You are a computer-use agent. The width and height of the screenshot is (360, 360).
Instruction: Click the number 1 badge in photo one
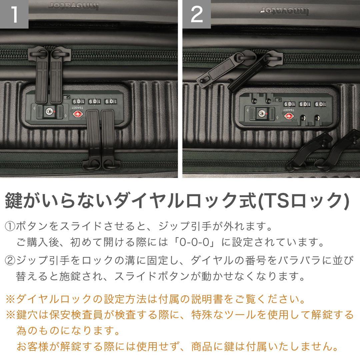(x=14, y=14)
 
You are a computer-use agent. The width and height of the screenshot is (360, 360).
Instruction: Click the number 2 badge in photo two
(x=197, y=14)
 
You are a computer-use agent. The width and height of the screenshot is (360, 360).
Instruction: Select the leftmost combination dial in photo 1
(x=77, y=101)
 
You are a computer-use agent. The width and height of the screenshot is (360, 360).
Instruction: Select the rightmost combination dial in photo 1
(x=109, y=101)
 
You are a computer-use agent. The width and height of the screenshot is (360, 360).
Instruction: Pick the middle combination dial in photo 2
(x=305, y=104)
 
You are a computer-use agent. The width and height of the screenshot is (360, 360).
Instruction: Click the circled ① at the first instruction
(x=10, y=227)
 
